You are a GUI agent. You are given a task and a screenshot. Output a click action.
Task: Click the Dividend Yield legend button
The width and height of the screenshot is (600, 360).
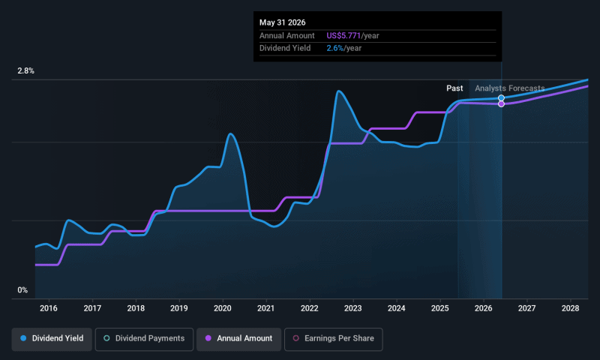pos(52,338)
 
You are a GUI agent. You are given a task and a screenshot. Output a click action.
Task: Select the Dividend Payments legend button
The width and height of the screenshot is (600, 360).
pos(145,338)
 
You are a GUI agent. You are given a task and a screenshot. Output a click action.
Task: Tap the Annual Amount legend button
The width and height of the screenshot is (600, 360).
pos(239,338)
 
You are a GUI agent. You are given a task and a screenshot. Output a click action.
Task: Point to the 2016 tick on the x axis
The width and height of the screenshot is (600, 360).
pos(49,308)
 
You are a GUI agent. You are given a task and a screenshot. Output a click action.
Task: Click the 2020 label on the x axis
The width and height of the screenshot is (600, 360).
pos(223,308)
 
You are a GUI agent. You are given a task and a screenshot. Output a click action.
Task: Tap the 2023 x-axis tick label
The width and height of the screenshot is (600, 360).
pos(353,308)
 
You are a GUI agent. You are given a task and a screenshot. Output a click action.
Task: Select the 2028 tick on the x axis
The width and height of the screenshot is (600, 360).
pos(571,308)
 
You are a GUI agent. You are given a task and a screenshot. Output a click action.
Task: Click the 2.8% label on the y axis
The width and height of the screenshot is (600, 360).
pos(25,71)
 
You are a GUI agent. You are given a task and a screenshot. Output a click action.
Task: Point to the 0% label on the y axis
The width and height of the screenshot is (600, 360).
pos(22,290)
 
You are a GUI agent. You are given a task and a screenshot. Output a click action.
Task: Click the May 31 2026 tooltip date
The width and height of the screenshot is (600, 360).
pos(283,22)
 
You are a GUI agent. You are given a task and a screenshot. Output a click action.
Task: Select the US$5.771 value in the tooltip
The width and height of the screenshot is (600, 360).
pos(343,35)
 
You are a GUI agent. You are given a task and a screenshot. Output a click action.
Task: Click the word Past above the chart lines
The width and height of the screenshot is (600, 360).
pos(454,88)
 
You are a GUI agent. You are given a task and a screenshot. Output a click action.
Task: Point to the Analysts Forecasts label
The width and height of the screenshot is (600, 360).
pos(509,88)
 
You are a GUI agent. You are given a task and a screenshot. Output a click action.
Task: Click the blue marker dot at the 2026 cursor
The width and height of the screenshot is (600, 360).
pos(501,97)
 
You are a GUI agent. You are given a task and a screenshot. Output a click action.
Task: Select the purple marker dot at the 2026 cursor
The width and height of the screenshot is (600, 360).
pos(501,103)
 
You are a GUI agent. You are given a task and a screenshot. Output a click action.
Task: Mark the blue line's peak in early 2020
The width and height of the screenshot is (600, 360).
pos(230,134)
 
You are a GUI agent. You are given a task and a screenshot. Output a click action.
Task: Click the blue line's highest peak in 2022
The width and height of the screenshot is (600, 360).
pos(339,91)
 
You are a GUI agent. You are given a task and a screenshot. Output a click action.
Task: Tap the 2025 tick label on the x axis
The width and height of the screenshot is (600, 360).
pos(440,308)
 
